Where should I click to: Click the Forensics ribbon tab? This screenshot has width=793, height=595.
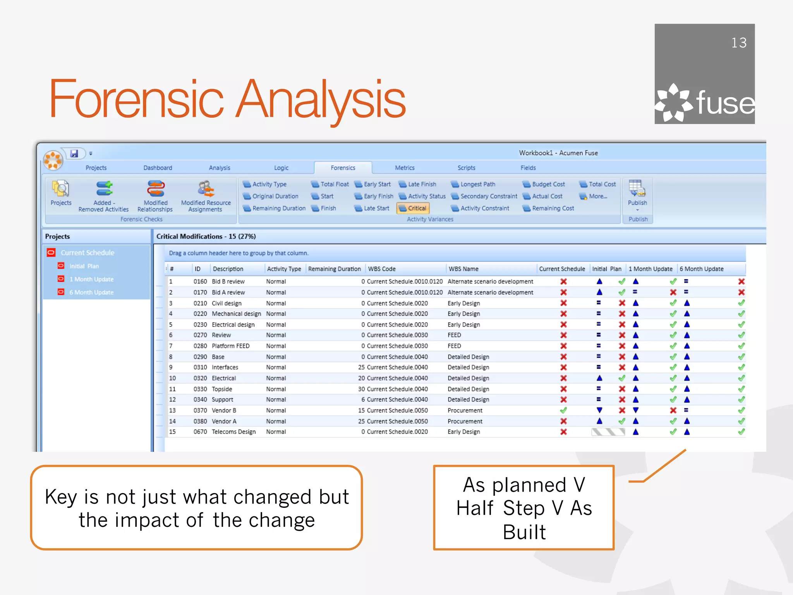pos(343,168)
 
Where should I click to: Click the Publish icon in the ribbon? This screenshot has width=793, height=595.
pos(637,189)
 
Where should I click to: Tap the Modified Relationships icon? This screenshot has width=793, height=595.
pos(155,189)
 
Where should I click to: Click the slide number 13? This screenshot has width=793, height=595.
pos(738,43)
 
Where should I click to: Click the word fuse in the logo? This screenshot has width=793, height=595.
pos(725,103)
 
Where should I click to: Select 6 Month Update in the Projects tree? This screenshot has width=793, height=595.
pos(91,292)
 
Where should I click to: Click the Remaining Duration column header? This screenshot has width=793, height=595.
pos(334,269)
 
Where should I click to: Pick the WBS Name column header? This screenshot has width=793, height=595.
pos(463,269)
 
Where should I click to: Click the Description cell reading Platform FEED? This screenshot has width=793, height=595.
pos(230,346)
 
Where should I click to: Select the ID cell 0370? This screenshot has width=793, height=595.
pos(200,410)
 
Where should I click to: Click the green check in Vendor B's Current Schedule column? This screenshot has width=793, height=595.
pos(563,410)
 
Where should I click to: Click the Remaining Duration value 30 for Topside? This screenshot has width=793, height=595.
pos(361,389)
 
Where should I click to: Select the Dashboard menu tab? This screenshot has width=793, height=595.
pos(158,168)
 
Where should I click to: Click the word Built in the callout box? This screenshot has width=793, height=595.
pos(524,532)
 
